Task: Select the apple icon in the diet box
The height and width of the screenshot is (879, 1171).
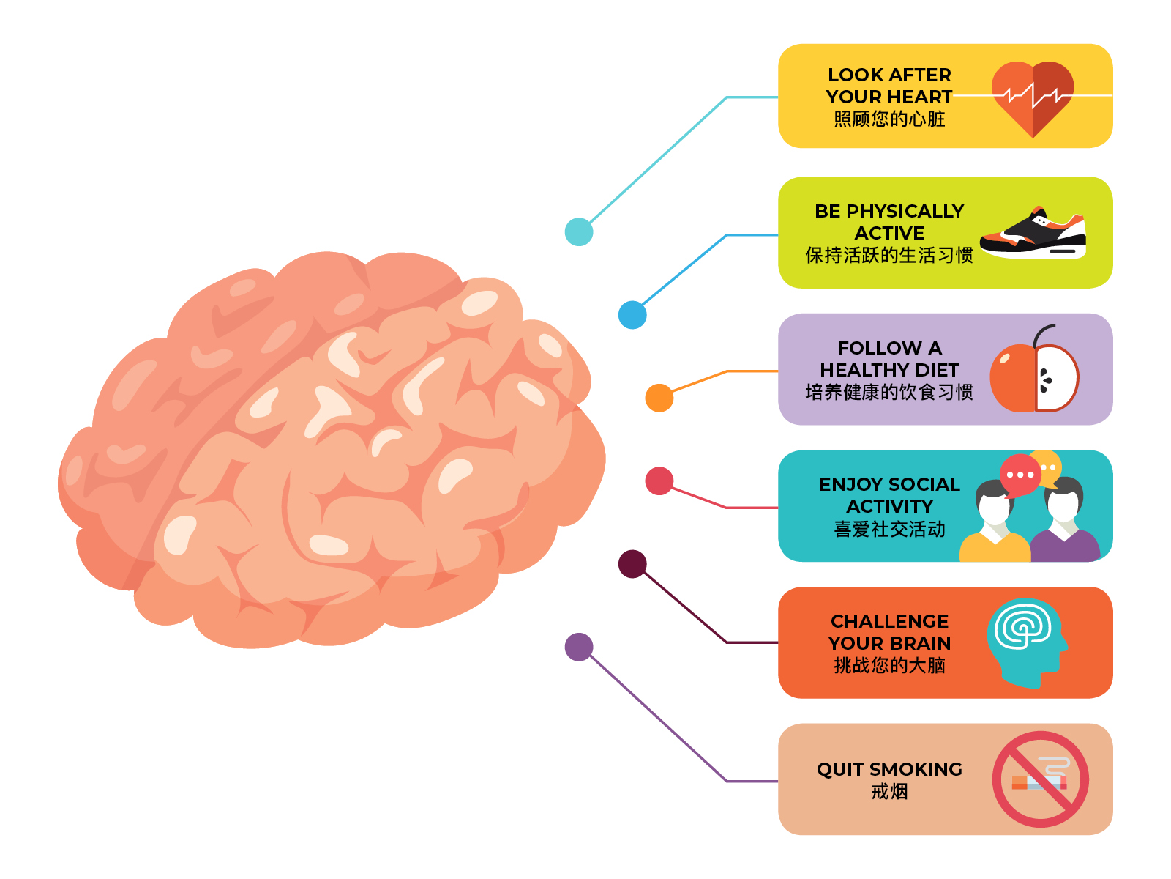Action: point(1033,375)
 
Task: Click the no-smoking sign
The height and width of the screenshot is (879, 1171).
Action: point(1040,779)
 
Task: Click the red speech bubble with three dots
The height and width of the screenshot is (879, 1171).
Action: point(1020,475)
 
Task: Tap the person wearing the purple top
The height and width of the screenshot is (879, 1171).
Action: point(1064,524)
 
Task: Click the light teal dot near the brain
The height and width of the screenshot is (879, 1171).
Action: point(579,232)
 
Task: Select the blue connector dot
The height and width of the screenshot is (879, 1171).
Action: point(632,315)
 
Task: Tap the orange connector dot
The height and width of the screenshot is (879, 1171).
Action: point(659,398)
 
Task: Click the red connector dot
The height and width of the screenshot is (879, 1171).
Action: point(659,481)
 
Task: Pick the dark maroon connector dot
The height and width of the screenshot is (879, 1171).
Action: point(632,564)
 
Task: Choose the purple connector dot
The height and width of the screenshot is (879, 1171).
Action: point(579,647)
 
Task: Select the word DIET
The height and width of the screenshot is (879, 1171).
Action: point(936,370)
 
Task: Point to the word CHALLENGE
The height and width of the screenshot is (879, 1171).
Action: point(889,621)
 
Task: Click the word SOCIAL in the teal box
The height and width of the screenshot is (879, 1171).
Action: point(924,484)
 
